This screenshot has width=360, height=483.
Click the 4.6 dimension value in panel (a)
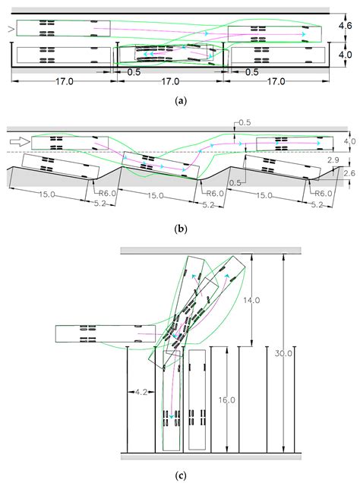click(x=346, y=25)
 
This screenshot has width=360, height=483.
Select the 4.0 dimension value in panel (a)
click(x=346, y=55)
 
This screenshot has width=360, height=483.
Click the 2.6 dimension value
click(x=349, y=173)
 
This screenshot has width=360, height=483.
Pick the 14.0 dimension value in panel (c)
click(x=252, y=300)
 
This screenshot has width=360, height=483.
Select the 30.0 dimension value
click(x=283, y=353)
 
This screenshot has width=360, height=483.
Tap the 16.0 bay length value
click(x=227, y=399)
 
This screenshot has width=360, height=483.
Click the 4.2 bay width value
click(x=141, y=393)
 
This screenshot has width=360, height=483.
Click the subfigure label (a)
click(x=181, y=100)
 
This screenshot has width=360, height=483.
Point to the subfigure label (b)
click(x=181, y=229)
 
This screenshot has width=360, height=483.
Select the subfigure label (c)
click(x=181, y=475)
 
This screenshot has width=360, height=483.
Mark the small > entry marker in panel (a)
click(x=11, y=29)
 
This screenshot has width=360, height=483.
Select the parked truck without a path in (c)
click(x=197, y=399)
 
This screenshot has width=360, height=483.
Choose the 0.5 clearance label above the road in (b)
click(x=245, y=122)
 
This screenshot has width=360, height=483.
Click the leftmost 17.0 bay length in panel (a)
click(x=65, y=81)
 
